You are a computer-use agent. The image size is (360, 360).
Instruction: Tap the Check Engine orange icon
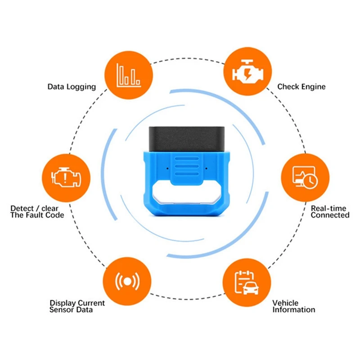[x=247, y=72]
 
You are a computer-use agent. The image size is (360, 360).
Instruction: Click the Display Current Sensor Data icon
[x=126, y=282]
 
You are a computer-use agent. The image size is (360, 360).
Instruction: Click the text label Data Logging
[x=72, y=86]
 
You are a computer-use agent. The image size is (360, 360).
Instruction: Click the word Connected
[x=330, y=215]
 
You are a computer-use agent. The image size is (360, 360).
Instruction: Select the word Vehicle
[x=285, y=303]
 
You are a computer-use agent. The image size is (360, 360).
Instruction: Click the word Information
[x=293, y=310]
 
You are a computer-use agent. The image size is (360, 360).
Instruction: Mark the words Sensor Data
[x=71, y=310]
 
